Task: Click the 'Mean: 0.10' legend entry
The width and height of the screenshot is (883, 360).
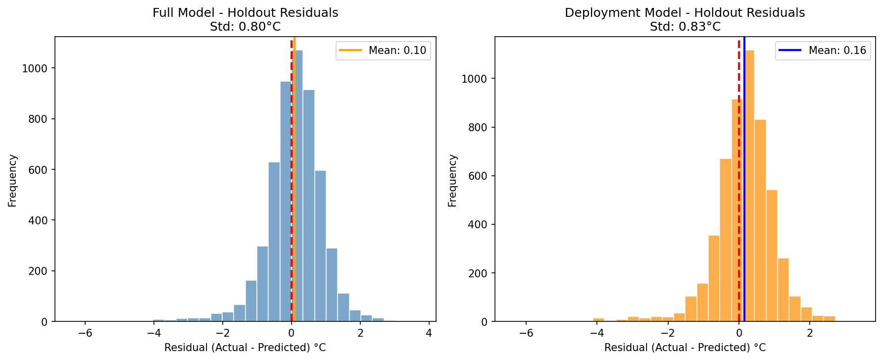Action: point(383,51)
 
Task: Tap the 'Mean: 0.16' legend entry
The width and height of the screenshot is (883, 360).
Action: point(823,51)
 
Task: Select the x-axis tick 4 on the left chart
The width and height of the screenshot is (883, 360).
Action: point(429,333)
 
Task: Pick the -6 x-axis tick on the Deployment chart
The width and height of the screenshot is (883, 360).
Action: point(526,333)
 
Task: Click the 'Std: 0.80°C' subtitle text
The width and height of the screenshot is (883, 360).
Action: point(245,27)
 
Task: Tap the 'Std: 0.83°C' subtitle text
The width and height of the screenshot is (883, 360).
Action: point(685,27)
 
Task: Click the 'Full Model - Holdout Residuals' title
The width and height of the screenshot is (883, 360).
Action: point(245,13)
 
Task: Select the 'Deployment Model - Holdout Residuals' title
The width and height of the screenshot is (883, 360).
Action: point(685,13)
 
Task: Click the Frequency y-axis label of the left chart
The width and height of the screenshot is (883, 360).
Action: point(12,180)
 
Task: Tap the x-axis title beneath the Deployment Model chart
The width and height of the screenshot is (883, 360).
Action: point(685,348)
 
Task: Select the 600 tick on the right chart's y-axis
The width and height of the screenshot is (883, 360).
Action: point(478,176)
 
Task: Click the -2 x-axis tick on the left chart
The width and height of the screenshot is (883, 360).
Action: point(222,333)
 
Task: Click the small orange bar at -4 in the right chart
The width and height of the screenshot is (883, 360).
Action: point(598,320)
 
